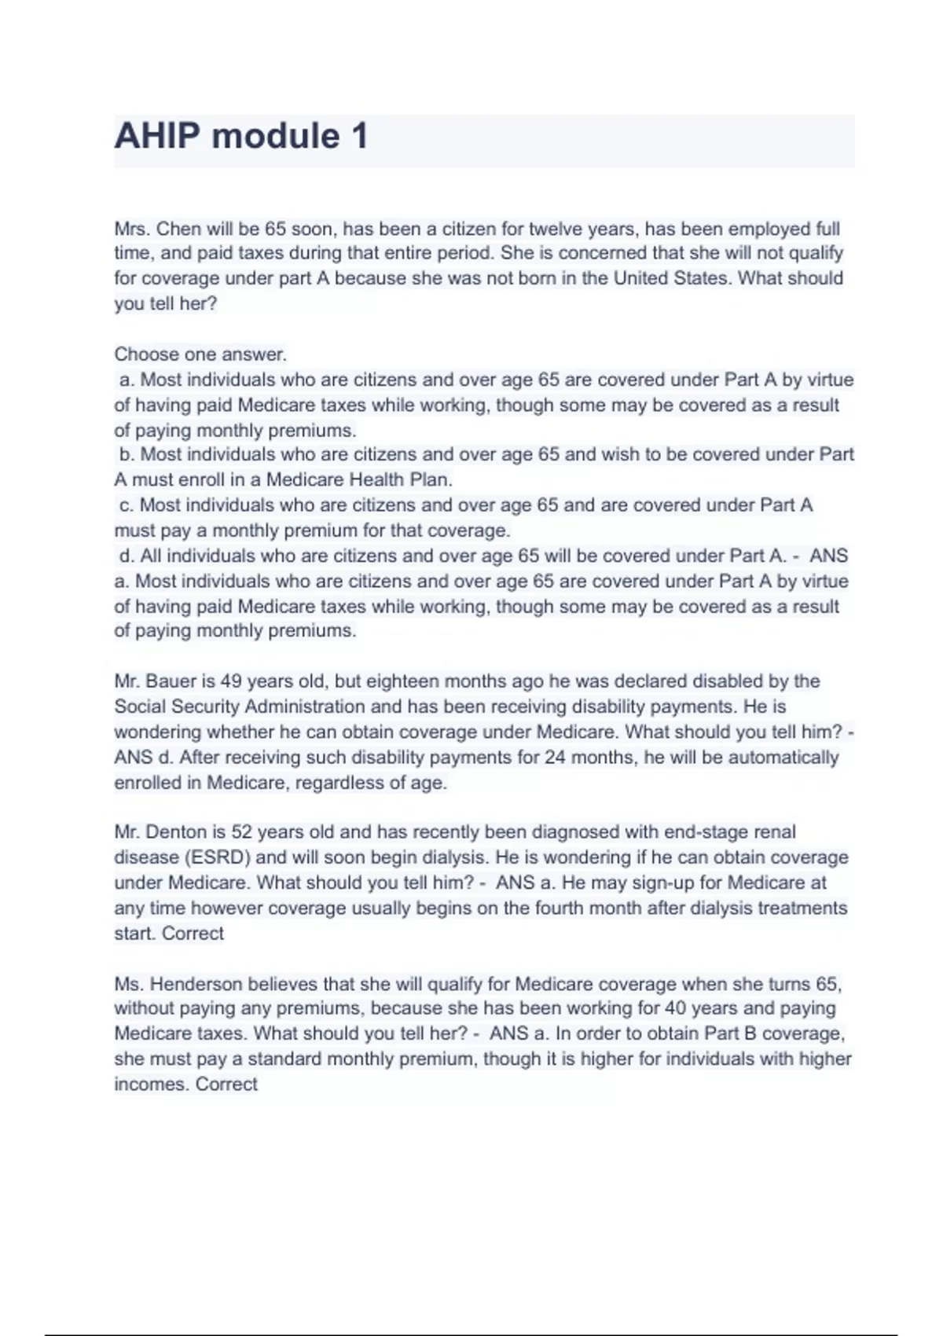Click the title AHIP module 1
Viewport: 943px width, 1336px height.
(241, 136)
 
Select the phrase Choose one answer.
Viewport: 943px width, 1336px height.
(200, 354)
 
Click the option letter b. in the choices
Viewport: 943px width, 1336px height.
(127, 454)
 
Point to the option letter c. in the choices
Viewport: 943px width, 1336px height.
(126, 505)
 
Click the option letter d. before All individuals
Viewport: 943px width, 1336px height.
(127, 556)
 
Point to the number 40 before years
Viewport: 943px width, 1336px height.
(677, 1008)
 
